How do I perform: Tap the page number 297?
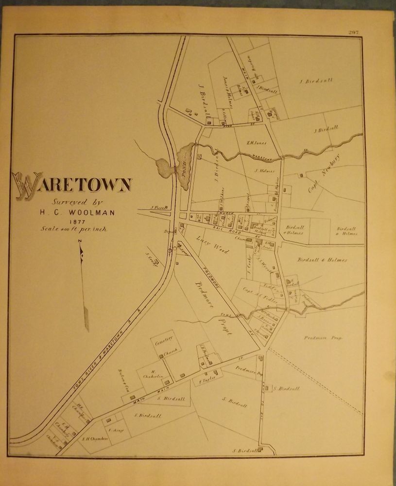click(353, 32)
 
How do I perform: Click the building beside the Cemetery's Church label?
click(161, 357)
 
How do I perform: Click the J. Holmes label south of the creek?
click(264, 171)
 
